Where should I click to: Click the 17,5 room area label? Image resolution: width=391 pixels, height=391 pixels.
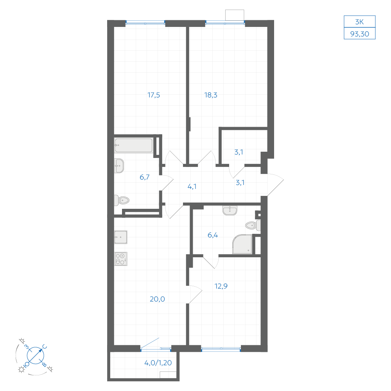(x=154, y=95)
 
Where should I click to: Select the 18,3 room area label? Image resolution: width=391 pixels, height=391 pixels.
(x=211, y=95)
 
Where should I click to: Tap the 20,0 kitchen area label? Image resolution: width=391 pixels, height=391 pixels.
(x=157, y=299)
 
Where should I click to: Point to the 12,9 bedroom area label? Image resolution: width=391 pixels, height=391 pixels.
(x=221, y=286)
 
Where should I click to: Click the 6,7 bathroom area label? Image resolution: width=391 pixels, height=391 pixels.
(x=145, y=177)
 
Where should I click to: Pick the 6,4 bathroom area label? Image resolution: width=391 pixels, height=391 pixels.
(x=213, y=235)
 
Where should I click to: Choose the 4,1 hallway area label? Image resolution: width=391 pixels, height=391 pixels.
(x=192, y=187)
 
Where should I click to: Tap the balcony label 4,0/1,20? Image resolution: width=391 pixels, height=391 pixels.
(x=158, y=362)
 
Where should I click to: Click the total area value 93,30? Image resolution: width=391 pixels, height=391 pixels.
(x=360, y=34)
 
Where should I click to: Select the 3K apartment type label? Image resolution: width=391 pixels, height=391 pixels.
(x=360, y=22)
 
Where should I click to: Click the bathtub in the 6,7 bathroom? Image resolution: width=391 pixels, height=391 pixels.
(x=133, y=145)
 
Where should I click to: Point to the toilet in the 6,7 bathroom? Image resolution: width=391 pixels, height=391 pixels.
(x=122, y=200)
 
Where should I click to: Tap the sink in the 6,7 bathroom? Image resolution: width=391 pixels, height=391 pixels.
(x=119, y=165)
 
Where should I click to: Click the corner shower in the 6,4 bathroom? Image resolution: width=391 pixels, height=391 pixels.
(x=242, y=244)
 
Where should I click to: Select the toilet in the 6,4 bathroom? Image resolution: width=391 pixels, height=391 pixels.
(x=253, y=226)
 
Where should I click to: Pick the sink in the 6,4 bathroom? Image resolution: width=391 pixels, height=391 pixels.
(x=230, y=211)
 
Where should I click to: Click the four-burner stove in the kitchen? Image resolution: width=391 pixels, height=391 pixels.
(x=121, y=258)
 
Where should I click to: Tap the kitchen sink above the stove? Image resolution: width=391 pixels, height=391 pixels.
(x=121, y=237)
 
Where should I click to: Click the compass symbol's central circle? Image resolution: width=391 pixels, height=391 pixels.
(x=36, y=355)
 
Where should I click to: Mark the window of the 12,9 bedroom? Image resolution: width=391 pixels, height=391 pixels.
(x=221, y=349)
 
